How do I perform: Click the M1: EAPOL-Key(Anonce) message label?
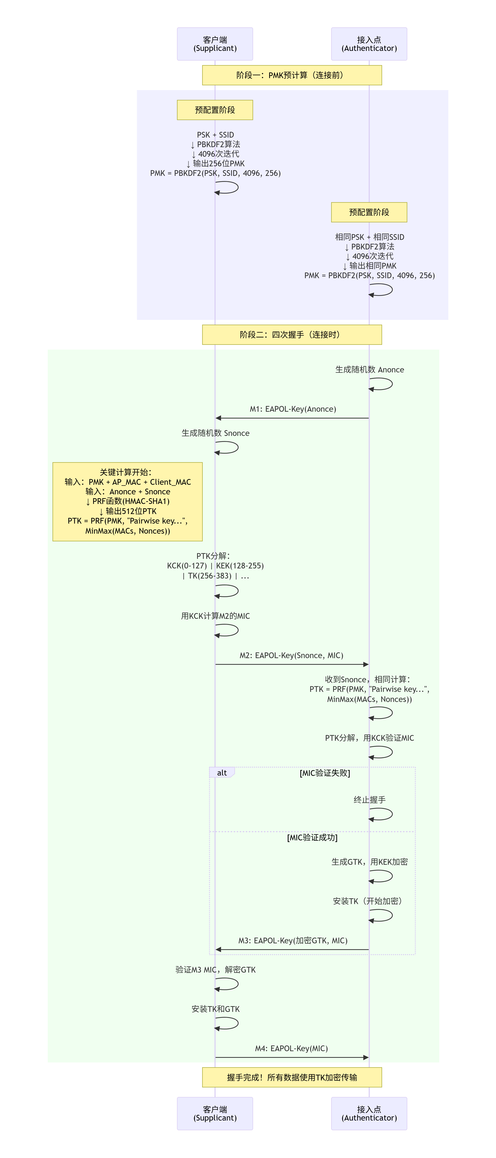(x=293, y=409)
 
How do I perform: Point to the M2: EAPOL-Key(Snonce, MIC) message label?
(x=291, y=655)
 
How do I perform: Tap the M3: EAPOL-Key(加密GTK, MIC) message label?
(x=293, y=940)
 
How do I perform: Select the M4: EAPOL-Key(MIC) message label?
(x=291, y=1048)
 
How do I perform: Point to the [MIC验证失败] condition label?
(x=325, y=773)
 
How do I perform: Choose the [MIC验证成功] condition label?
(x=312, y=838)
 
